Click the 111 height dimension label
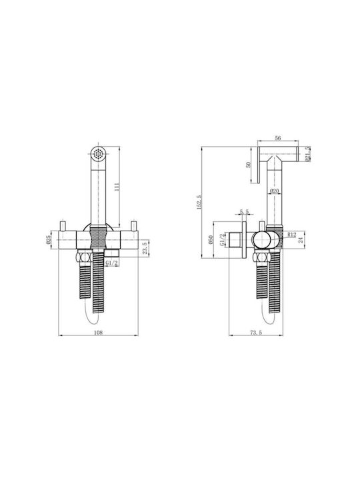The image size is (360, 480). click(x=117, y=187)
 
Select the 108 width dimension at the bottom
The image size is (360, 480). click(x=98, y=333)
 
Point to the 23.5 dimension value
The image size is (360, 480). click(x=146, y=247)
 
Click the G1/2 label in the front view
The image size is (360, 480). click(x=112, y=263)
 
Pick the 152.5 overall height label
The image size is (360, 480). click(x=199, y=202)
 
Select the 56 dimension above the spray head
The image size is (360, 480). click(x=277, y=138)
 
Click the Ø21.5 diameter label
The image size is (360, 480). click(x=307, y=154)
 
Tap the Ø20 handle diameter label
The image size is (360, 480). click(x=274, y=191)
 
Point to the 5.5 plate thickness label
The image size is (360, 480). click(x=244, y=211)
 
